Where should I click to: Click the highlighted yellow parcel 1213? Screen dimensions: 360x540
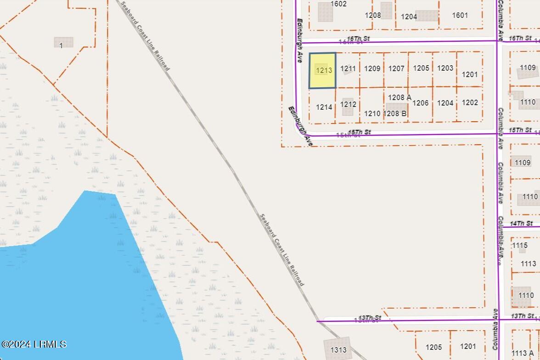(x=322, y=70)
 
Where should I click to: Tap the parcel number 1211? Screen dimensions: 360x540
(x=348, y=69)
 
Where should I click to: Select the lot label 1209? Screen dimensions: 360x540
(x=372, y=68)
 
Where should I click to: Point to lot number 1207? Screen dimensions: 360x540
(x=396, y=68)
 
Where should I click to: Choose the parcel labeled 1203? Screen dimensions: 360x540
(x=445, y=68)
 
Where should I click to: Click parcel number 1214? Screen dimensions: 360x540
(x=324, y=107)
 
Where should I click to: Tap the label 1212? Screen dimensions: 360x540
(x=348, y=104)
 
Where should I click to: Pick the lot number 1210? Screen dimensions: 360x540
(x=372, y=113)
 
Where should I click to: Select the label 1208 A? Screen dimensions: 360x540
(x=399, y=97)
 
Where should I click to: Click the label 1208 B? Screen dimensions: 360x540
(x=395, y=113)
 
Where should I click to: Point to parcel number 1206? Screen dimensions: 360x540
(x=420, y=103)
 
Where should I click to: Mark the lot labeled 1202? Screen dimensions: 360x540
(x=470, y=102)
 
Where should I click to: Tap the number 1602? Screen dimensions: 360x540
(x=338, y=4)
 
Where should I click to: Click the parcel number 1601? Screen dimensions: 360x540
(x=460, y=15)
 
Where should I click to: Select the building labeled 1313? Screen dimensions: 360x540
(x=338, y=349)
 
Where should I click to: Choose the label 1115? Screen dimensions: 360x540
(x=520, y=246)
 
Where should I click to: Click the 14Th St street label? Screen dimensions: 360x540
(x=521, y=223)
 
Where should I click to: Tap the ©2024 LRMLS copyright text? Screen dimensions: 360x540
(x=34, y=344)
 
